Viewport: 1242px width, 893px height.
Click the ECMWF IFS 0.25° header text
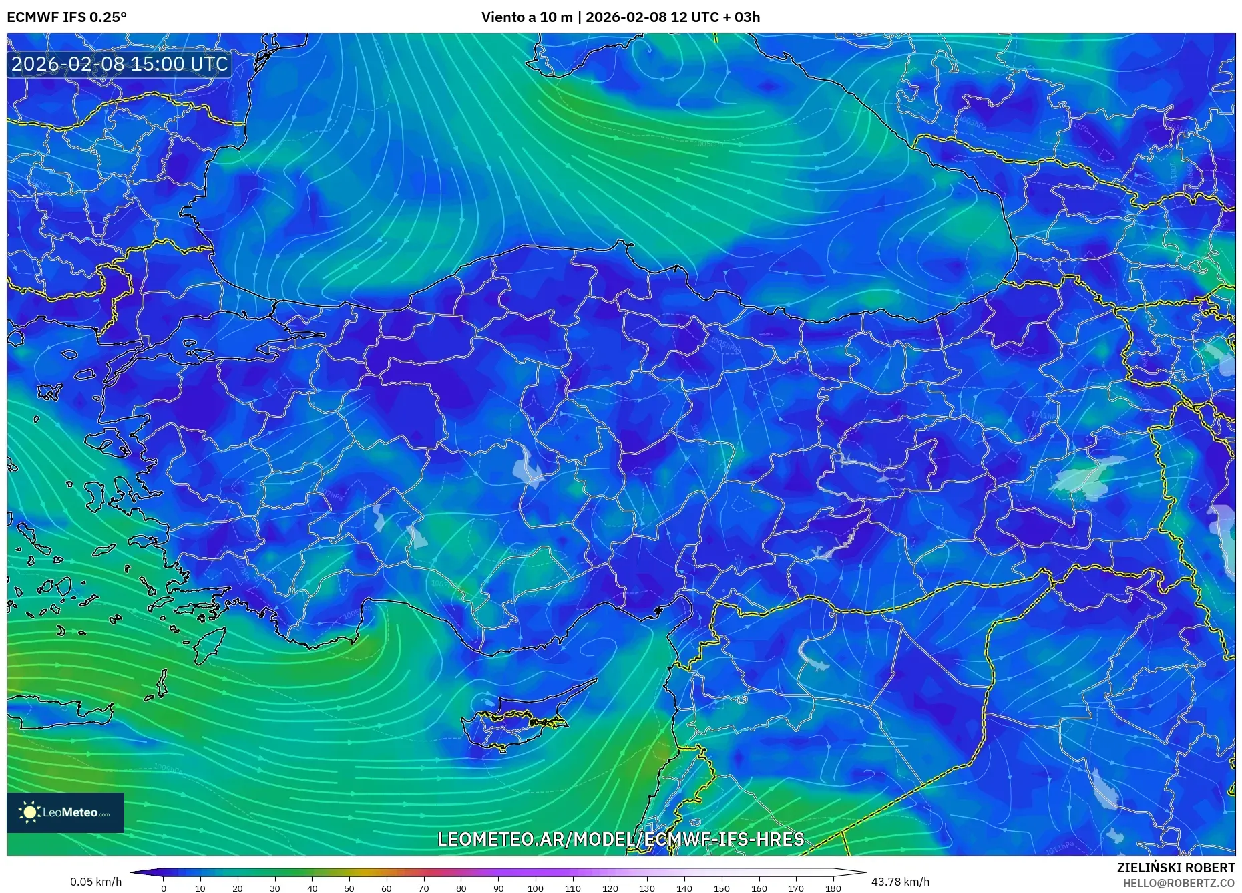click(67, 17)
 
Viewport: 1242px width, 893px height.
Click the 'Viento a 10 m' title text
click(527, 17)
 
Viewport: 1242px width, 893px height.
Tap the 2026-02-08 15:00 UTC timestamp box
click(120, 64)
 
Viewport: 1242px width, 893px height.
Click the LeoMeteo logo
click(65, 813)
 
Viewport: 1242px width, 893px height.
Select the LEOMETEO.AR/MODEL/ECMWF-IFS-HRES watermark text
click(620, 840)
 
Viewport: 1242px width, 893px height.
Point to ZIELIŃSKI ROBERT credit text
click(1175, 868)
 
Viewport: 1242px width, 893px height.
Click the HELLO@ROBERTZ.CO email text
click(1179, 883)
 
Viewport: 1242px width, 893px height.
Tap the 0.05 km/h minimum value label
click(96, 882)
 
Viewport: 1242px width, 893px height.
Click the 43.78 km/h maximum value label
click(900, 882)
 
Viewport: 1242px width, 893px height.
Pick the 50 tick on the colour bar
click(349, 888)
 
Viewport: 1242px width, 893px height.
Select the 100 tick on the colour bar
click(536, 888)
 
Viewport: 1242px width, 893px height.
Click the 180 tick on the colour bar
click(833, 888)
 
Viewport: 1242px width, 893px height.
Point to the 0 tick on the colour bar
click(164, 888)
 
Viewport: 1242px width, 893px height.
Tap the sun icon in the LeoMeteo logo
click(30, 812)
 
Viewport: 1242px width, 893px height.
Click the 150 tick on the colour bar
click(721, 888)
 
